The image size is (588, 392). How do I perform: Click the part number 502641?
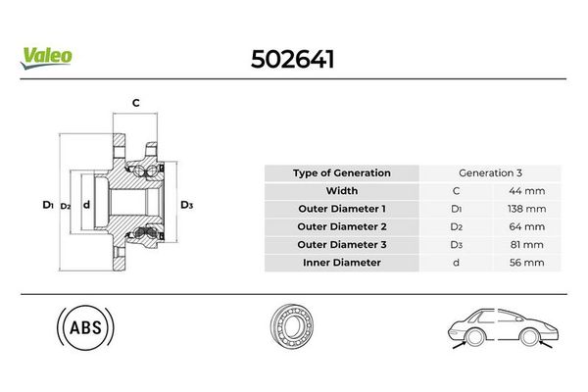point(294,61)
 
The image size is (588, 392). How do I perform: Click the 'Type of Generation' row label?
point(341,173)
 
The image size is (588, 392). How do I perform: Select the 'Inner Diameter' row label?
point(341,262)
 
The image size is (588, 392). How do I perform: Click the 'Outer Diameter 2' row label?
point(341,226)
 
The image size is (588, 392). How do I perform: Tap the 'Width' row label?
point(341,191)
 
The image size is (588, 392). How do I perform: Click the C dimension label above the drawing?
point(136,102)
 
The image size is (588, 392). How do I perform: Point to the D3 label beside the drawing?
point(187,205)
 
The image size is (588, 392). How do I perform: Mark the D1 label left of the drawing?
point(47,205)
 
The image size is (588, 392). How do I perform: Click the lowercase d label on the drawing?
point(86,205)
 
